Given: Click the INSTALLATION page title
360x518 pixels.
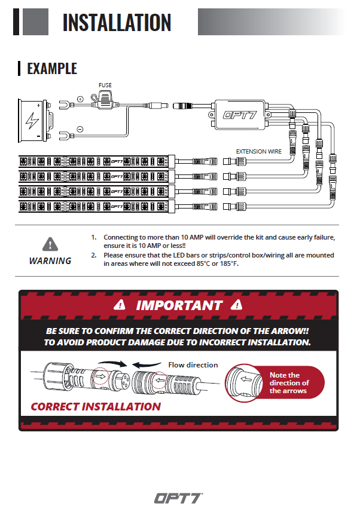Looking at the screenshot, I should click(117, 22).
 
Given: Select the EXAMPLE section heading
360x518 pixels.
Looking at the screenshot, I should click(52, 69).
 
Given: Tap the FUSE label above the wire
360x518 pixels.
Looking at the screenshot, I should click(105, 85).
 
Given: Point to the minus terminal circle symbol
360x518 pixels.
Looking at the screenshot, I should click(80, 128).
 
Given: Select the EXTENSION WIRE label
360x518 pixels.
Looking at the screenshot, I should click(258, 152).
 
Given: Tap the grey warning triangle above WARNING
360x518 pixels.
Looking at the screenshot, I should click(50, 244).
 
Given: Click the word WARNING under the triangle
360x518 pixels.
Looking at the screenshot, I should click(50, 260).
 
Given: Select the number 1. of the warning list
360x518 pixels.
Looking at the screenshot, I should click(94, 237).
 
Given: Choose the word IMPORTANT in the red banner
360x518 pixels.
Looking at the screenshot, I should click(179, 305).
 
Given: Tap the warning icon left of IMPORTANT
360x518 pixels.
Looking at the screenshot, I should click(120, 305).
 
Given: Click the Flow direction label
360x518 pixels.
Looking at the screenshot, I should click(193, 364).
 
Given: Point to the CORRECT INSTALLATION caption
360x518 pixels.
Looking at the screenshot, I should click(96, 406).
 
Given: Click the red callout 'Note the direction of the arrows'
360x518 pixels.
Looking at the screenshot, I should click(289, 383).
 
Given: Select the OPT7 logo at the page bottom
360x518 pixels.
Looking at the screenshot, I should click(179, 498).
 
